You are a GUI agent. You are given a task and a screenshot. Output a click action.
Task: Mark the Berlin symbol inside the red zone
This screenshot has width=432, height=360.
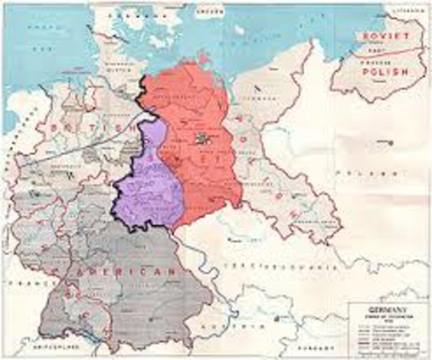200,137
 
